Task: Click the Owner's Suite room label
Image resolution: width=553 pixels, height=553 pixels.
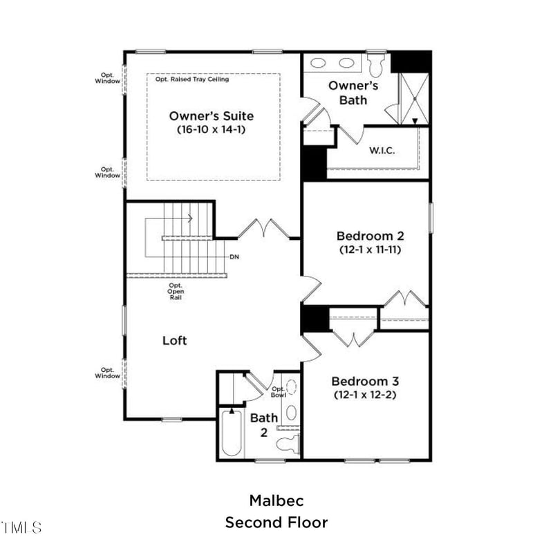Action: click(211, 116)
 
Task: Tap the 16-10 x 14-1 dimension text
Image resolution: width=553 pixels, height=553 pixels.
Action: click(211, 129)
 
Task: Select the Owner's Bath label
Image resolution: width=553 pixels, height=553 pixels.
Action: click(353, 93)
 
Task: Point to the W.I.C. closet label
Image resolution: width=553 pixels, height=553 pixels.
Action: click(382, 150)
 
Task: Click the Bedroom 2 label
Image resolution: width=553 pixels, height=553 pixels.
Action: click(370, 235)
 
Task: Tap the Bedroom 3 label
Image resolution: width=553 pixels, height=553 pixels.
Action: click(365, 382)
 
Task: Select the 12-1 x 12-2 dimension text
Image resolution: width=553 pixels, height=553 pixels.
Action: click(365, 395)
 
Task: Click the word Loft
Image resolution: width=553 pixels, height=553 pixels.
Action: click(175, 341)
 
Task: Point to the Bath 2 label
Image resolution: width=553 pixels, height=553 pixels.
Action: click(263, 424)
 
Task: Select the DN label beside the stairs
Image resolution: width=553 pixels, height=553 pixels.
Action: click(234, 256)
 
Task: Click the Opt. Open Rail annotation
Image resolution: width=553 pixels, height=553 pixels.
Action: click(176, 291)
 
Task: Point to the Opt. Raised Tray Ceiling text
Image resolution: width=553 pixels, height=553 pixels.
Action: click(192, 79)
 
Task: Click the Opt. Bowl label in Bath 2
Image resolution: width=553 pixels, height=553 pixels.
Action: click(279, 393)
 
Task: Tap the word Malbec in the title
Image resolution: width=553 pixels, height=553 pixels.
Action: click(276, 500)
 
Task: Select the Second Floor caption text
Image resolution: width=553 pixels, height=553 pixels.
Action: click(276, 522)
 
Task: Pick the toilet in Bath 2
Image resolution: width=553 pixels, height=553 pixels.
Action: click(289, 443)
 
